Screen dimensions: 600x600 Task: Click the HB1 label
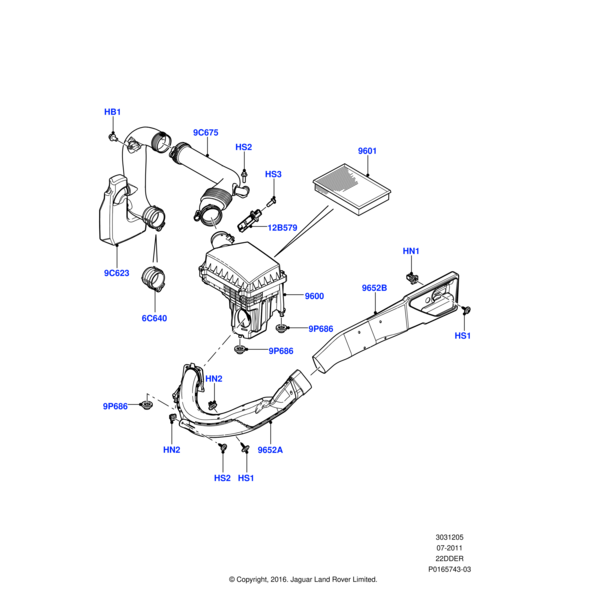pyautogui.click(x=113, y=111)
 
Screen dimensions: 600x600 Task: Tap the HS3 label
pyautogui.click(x=273, y=175)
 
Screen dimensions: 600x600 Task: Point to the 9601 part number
pyautogui.click(x=367, y=152)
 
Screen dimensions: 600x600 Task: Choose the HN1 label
pyautogui.click(x=411, y=250)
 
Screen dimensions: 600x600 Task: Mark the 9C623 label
pyautogui.click(x=118, y=272)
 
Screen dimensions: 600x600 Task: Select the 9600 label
pyautogui.click(x=314, y=296)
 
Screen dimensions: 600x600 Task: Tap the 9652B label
pyautogui.click(x=374, y=288)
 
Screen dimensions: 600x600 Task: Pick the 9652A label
pyautogui.click(x=270, y=451)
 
